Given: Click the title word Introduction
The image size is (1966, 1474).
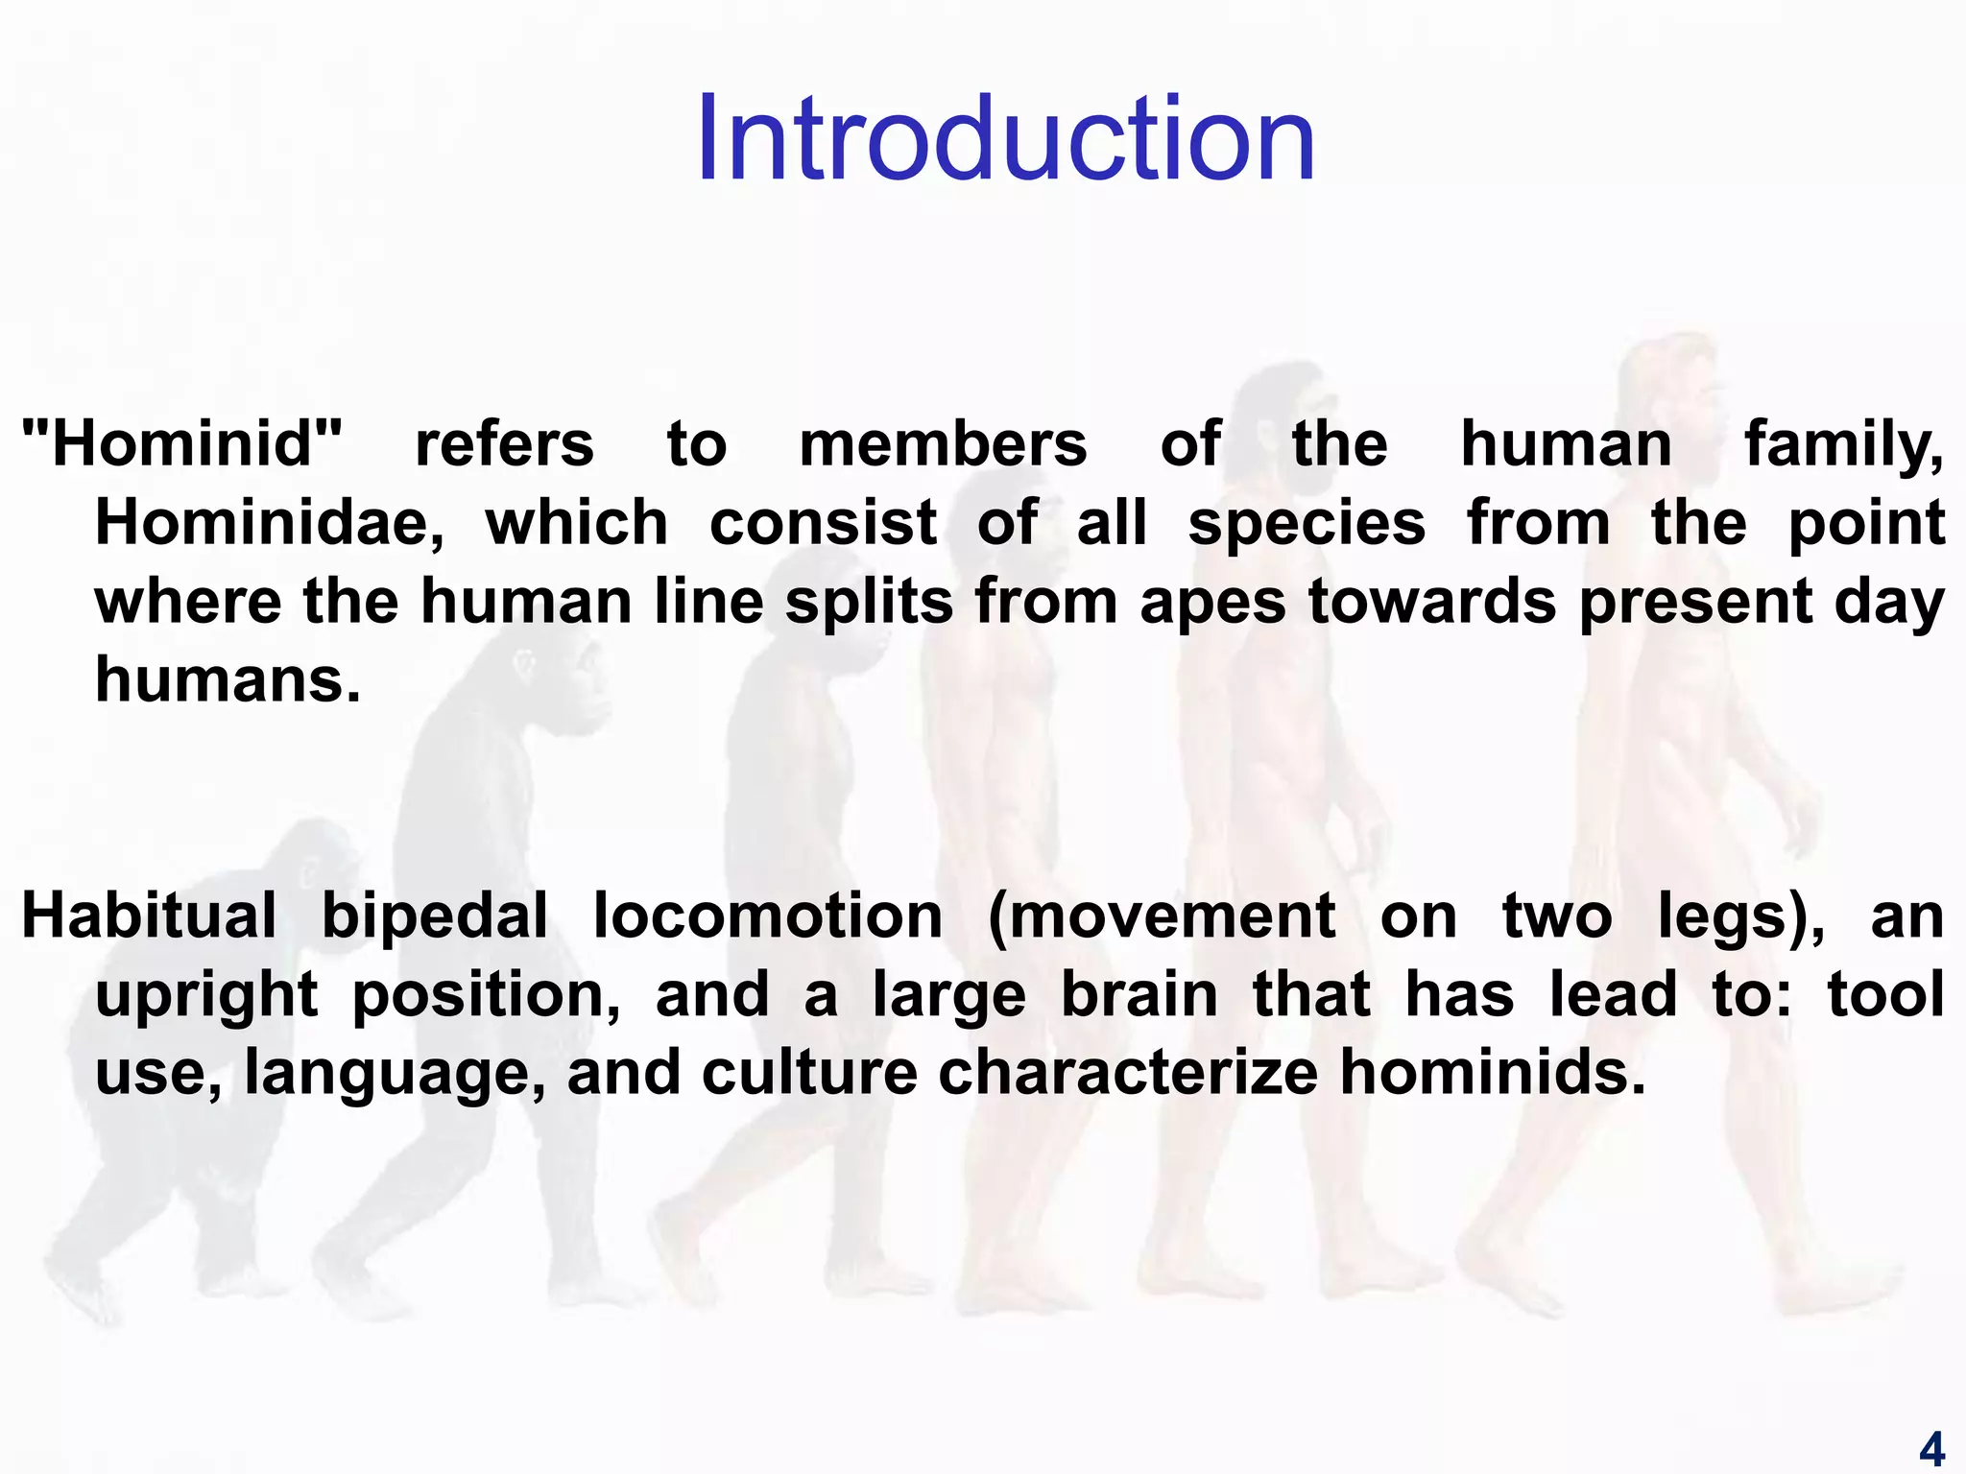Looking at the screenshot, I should pos(1005,139).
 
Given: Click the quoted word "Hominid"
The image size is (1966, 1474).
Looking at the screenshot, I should pos(181,444).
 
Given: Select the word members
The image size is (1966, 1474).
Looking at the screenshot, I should pos(943,444).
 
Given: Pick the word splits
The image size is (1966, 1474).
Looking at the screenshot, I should pos(869,603).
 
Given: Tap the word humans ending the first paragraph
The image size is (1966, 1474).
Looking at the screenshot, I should pos(228,679).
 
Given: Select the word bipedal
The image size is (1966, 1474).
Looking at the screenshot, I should pos(434,916).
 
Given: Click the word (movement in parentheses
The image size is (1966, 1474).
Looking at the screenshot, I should pos(1161,916).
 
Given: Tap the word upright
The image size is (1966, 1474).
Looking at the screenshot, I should pos(205,996).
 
